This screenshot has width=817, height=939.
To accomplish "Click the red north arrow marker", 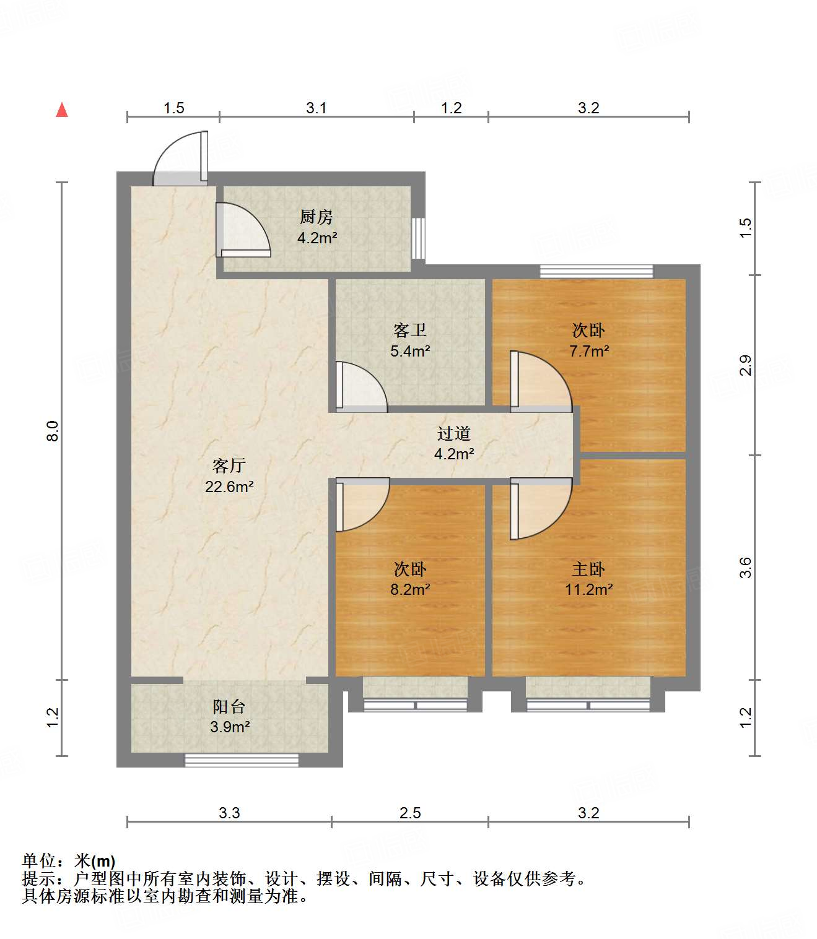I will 62,110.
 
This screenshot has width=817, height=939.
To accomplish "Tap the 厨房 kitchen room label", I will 317,217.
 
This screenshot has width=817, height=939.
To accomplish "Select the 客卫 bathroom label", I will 410,331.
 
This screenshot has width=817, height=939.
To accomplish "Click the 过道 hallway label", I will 454,434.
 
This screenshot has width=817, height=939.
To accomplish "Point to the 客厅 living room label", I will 229,466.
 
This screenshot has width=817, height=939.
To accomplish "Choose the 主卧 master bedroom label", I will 588,569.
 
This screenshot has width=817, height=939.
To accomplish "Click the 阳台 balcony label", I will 229,706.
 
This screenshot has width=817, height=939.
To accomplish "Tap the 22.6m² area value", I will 229,487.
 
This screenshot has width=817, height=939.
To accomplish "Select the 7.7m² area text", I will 589,352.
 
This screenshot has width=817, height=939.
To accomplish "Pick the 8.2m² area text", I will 410,589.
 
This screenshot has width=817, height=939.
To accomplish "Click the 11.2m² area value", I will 588,589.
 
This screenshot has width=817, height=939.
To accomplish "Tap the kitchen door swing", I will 243,230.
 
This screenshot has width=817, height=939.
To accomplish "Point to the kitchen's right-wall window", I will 419,238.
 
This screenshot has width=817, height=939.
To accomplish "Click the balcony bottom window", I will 242,760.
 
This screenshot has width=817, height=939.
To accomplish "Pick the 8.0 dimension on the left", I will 53,431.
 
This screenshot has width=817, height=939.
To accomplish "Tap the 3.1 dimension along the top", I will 316,108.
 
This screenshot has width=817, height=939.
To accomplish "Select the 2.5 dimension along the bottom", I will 410,813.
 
